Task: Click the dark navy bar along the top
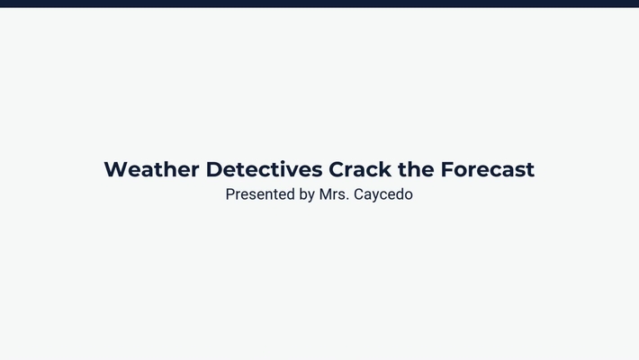[319, 4]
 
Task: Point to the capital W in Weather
[115, 169]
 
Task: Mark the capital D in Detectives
[214, 169]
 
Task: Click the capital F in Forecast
[446, 169]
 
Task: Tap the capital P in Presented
[230, 193]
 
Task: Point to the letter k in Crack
[385, 169]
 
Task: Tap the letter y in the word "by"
[310, 196]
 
